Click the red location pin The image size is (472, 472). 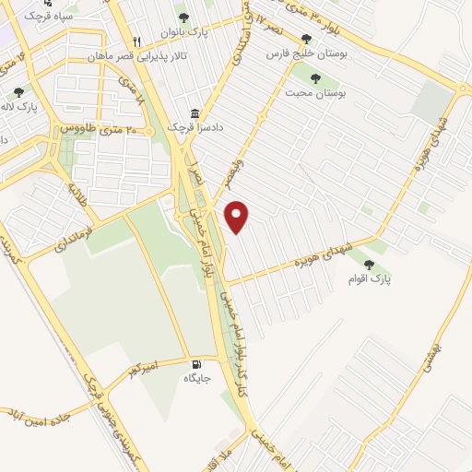point(239,216)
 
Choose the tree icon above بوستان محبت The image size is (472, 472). point(316,78)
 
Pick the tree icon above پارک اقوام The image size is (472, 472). point(370,264)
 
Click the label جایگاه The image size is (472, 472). point(198,378)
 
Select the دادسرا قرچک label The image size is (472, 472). point(188,126)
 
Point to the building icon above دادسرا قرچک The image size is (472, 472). point(195,111)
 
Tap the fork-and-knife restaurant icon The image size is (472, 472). point(137,41)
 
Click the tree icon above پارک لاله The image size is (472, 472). point(19,92)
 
